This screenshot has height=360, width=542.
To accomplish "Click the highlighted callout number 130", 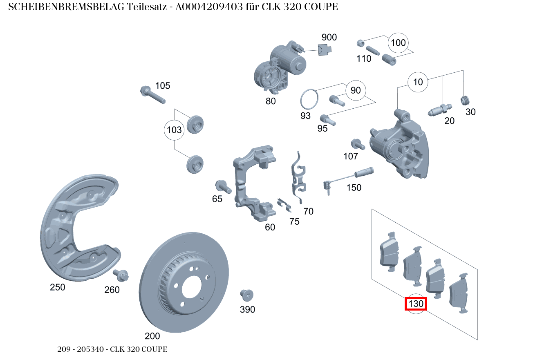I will (x=416, y=304).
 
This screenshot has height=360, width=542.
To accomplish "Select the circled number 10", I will (x=418, y=82).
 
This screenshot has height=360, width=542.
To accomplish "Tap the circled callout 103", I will (x=174, y=130).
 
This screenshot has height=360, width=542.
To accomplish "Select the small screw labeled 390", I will (x=247, y=295).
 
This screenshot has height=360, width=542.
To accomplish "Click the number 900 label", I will (x=329, y=38).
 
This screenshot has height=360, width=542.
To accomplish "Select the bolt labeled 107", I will (x=357, y=144).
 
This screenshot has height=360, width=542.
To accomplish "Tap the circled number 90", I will (x=356, y=90).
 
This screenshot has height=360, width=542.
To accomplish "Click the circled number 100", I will (x=398, y=43).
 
